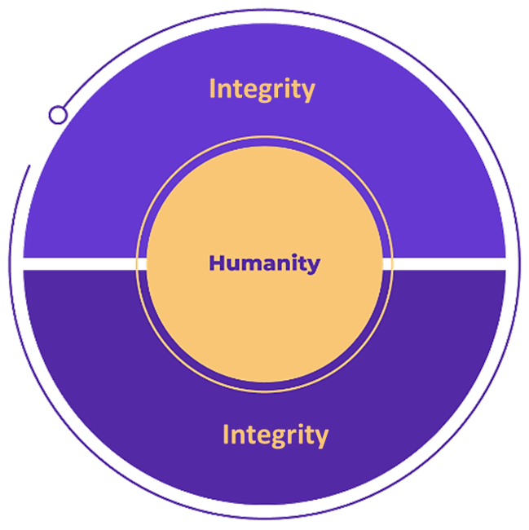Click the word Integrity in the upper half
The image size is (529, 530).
pos(262,88)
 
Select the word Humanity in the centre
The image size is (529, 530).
pos(264,263)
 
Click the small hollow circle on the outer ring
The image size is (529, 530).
pos(57,114)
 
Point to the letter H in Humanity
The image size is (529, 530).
pos(216,263)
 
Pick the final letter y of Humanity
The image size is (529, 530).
pos(315,266)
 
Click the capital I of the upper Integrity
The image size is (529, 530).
pos(213,88)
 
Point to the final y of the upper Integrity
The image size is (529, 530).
pos(308,91)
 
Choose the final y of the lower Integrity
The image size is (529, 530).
pos(321,437)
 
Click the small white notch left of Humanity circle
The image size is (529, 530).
pos(141,263)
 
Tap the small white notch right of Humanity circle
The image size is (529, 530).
pos(389,263)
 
